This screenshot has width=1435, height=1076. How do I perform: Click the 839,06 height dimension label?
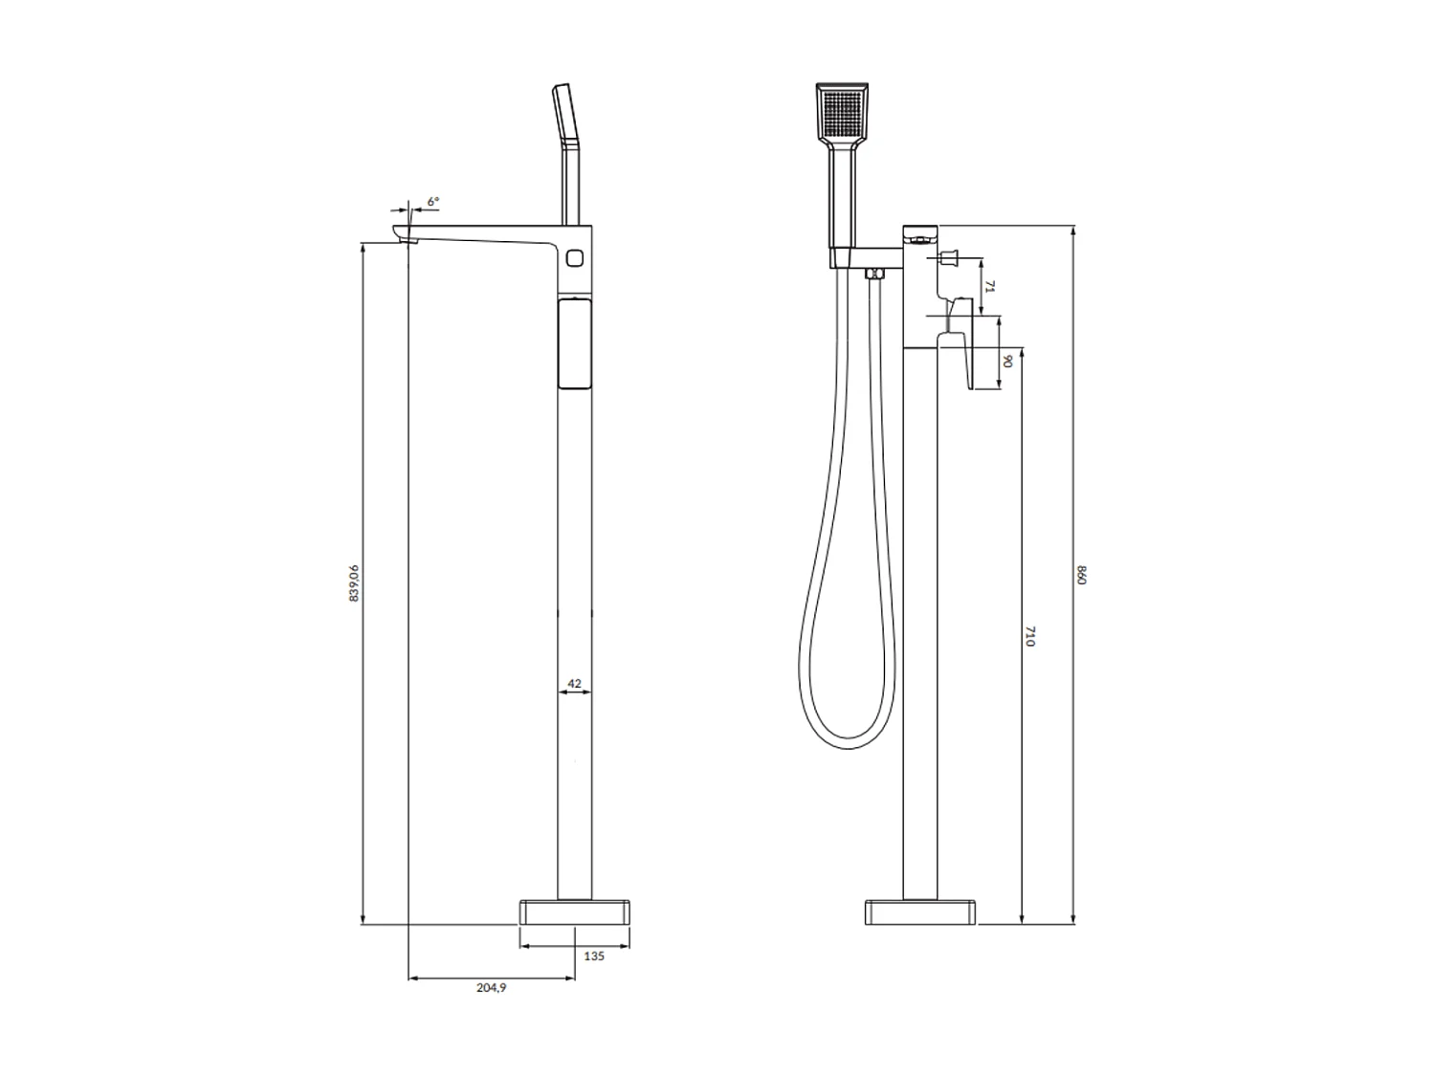tap(354, 582)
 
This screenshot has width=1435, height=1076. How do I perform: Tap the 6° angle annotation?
tap(433, 202)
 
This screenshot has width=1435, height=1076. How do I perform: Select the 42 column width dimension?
tap(574, 683)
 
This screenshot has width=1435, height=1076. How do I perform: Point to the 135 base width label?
tap(593, 956)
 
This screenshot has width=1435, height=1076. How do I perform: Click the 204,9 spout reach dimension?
tap(491, 988)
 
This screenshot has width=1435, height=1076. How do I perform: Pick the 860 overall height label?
tap(1083, 576)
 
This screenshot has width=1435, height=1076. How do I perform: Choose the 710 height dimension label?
tap(1030, 637)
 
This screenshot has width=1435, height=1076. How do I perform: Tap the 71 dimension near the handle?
tap(992, 286)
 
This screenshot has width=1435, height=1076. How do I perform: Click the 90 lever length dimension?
tap(1008, 361)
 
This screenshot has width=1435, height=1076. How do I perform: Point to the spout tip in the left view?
tap(406, 234)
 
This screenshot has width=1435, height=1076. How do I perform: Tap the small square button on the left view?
tap(575, 257)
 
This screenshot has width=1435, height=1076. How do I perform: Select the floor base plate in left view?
tap(574, 912)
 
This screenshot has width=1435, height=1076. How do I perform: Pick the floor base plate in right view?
tap(920, 912)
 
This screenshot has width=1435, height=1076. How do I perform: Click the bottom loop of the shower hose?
tap(850, 741)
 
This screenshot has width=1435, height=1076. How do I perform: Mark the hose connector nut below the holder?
tap(872, 274)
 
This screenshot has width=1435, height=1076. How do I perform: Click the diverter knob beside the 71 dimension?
tap(951, 256)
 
